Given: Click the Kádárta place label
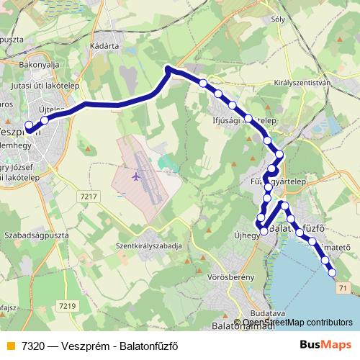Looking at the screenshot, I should (105, 45).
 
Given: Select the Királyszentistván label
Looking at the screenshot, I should (302, 83).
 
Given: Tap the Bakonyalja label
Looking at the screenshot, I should (39, 64).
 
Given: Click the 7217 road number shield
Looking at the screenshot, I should (89, 197).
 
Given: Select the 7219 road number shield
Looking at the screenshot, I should (68, 306).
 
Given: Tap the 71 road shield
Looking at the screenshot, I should (341, 289).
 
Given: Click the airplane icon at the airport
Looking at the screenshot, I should (136, 175).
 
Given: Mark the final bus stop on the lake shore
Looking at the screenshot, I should (333, 271).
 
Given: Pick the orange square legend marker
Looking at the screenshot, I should (9, 345).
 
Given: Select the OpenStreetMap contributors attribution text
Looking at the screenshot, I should (297, 323).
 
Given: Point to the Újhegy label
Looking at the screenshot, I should (246, 235).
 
